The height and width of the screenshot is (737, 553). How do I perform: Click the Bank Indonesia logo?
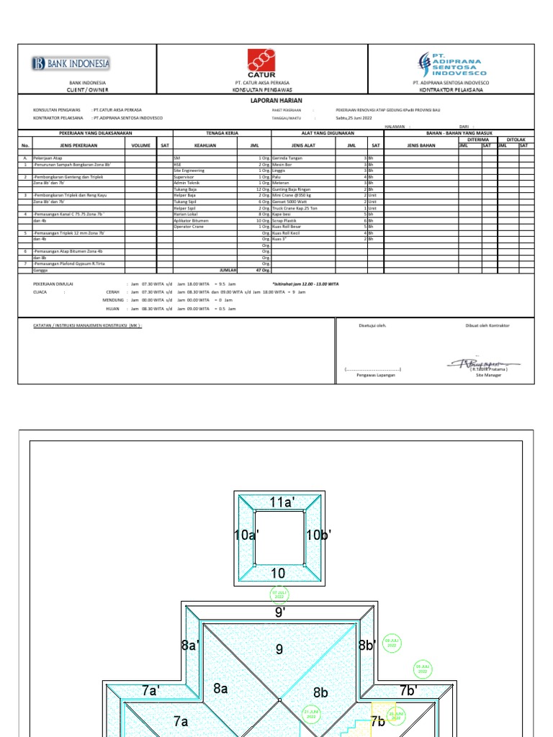tap(71, 64)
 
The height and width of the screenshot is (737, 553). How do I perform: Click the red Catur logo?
tap(261, 63)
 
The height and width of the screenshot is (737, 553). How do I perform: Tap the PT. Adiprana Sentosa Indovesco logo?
tap(452, 63)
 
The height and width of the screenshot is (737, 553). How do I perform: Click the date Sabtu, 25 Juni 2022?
tap(354, 117)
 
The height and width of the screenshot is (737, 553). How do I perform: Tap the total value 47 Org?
tap(263, 270)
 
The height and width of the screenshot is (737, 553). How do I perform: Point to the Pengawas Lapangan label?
tap(376, 375)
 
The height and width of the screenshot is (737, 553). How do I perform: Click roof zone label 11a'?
tap(282, 502)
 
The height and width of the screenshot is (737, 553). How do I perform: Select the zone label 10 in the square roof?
tap(278, 574)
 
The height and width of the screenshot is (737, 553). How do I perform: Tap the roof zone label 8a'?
tap(190, 646)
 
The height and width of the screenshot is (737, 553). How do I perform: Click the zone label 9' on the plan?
tap(280, 612)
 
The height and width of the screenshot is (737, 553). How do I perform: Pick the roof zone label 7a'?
tap(150, 690)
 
